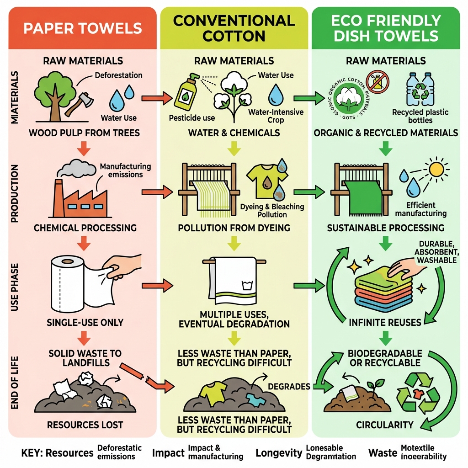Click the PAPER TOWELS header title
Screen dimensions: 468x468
[82, 28]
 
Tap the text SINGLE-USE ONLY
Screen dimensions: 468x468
[85, 322]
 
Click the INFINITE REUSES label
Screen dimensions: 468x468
[385, 322]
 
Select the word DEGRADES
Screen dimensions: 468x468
[288, 387]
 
